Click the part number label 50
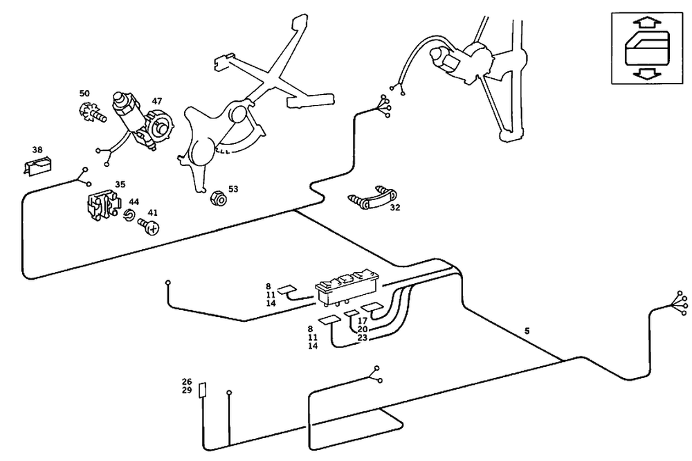pyautogui.click(x=84, y=93)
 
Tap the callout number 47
pyautogui.click(x=157, y=101)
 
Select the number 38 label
pyautogui.click(x=37, y=150)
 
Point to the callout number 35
pyautogui.click(x=120, y=185)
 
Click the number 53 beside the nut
pyautogui.click(x=233, y=188)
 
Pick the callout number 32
pyautogui.click(x=395, y=207)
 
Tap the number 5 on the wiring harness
pyautogui.click(x=527, y=332)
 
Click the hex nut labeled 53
pyautogui.click(x=216, y=199)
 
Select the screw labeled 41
pyautogui.click(x=149, y=226)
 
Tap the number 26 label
pyautogui.click(x=187, y=382)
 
